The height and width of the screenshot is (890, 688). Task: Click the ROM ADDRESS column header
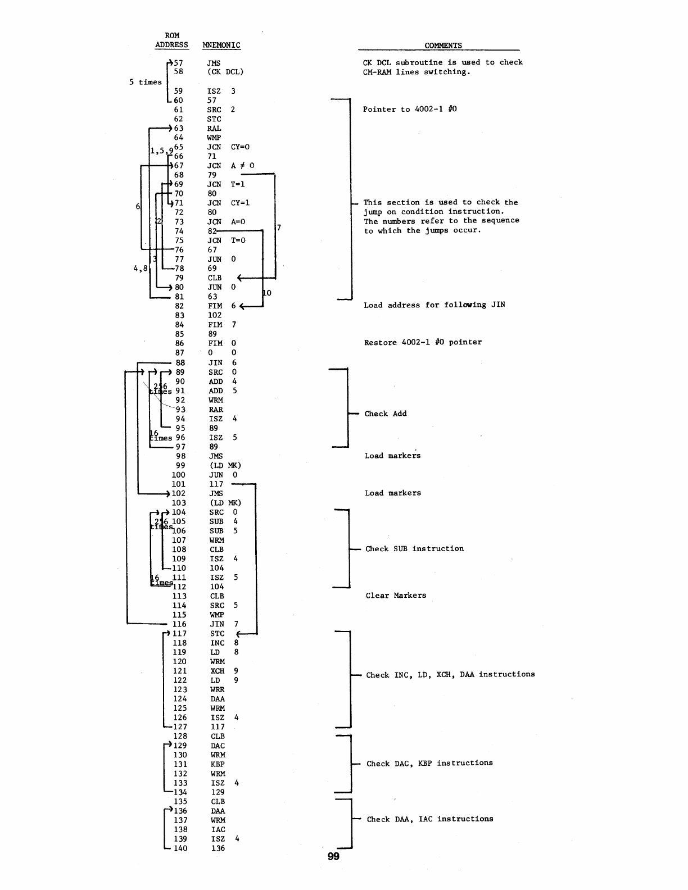click(x=171, y=40)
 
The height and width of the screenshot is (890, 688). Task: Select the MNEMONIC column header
click(x=221, y=45)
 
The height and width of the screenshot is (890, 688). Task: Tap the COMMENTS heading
click(x=443, y=46)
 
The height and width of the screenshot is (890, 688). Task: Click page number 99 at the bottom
click(x=333, y=856)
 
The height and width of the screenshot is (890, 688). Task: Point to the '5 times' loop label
click(x=145, y=82)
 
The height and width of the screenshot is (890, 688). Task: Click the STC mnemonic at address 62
click(x=214, y=119)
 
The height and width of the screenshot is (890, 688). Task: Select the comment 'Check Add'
click(x=385, y=414)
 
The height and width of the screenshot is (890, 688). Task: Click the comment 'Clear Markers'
click(x=396, y=596)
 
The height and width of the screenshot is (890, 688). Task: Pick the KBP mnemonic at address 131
click(x=218, y=764)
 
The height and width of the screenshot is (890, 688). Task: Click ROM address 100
click(x=178, y=475)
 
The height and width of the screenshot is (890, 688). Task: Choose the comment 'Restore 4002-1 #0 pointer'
click(x=423, y=342)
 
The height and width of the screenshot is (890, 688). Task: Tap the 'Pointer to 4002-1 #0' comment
click(x=410, y=109)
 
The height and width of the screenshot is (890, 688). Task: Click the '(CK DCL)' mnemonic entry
click(x=225, y=72)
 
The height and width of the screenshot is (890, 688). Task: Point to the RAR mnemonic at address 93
click(x=216, y=410)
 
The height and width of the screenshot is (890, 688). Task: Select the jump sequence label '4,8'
click(x=141, y=269)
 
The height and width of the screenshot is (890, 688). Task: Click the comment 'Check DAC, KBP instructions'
click(x=429, y=763)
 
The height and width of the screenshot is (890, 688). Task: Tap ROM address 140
click(x=180, y=848)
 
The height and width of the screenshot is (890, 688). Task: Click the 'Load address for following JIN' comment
click(x=434, y=305)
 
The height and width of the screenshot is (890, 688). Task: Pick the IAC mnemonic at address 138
click(x=218, y=829)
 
